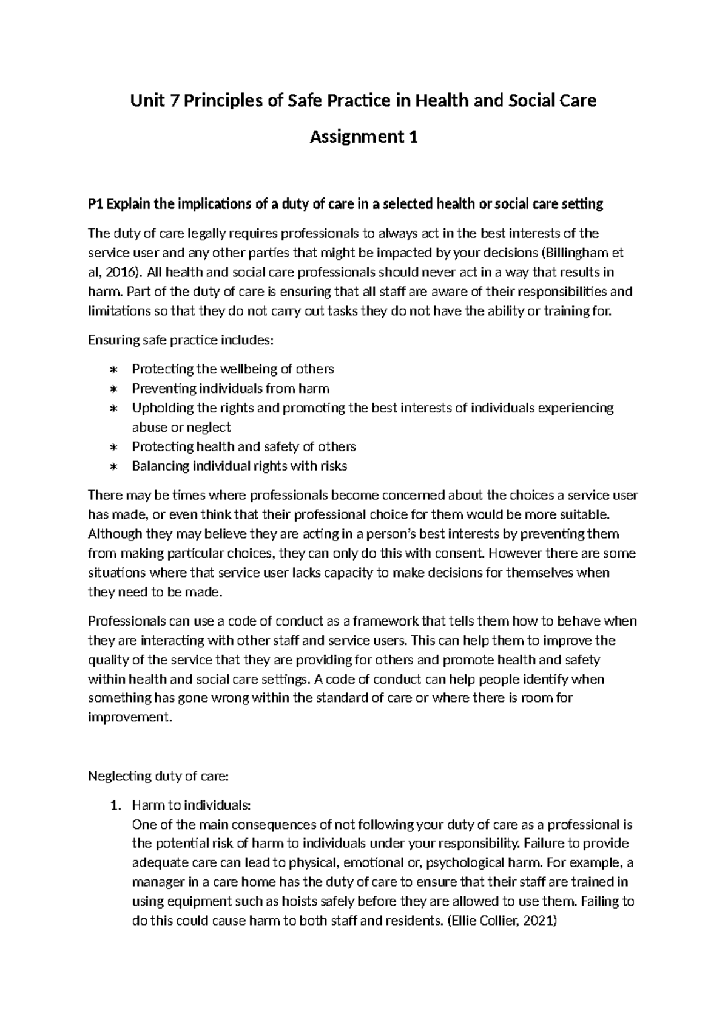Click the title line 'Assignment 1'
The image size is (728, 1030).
pos(363,137)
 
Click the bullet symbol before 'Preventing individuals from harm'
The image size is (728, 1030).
pos(113,389)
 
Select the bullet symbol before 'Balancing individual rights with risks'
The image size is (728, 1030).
pos(113,466)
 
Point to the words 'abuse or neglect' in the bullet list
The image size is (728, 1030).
pos(181,427)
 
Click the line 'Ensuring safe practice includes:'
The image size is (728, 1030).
pos(181,340)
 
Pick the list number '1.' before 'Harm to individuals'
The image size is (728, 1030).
pos(115,805)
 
